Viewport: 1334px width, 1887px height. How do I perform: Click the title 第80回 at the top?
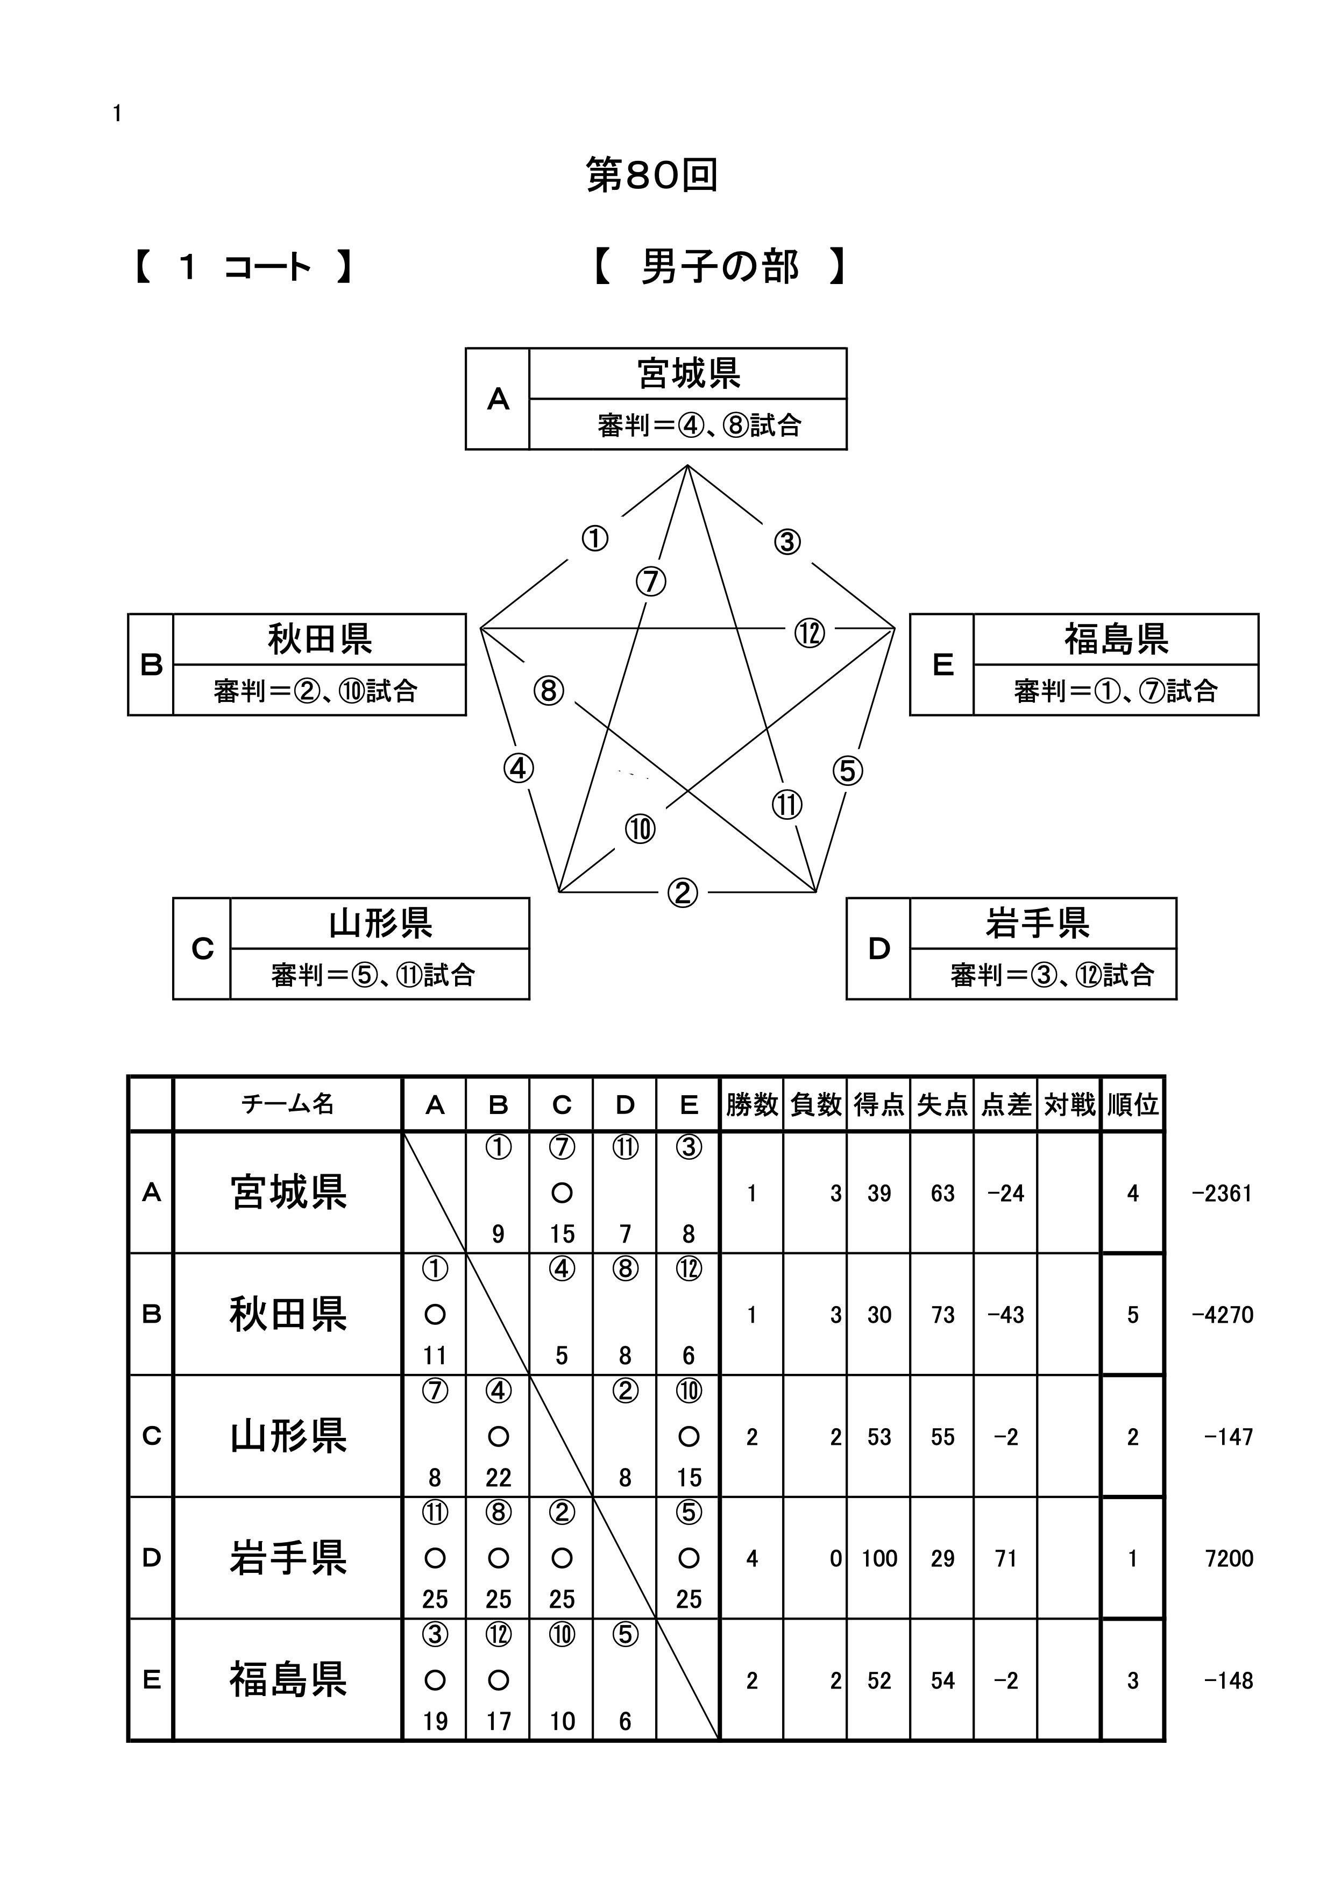[x=652, y=175]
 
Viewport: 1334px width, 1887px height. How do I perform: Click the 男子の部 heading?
[x=720, y=267]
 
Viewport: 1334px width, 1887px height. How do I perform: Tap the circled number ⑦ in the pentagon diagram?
[x=651, y=581]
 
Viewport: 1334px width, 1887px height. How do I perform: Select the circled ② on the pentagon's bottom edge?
[x=682, y=892]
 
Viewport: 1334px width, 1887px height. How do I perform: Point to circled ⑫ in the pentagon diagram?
[x=810, y=633]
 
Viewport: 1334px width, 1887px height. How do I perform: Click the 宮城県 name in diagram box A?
[x=689, y=374]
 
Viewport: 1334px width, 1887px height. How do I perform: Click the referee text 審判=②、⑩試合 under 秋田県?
[x=316, y=690]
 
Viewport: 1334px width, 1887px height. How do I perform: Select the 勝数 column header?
[x=751, y=1104]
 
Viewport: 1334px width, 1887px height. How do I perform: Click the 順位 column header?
[x=1133, y=1104]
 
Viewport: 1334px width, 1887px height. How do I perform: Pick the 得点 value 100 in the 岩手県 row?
[x=878, y=1558]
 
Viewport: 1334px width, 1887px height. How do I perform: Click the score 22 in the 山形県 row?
[x=498, y=1478]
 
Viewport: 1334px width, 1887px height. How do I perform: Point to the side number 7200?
[x=1229, y=1558]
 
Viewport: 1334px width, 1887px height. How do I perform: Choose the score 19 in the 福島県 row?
[x=435, y=1721]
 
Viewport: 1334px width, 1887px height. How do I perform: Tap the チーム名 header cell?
[x=288, y=1104]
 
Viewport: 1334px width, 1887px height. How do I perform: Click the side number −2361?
[x=1222, y=1193]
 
